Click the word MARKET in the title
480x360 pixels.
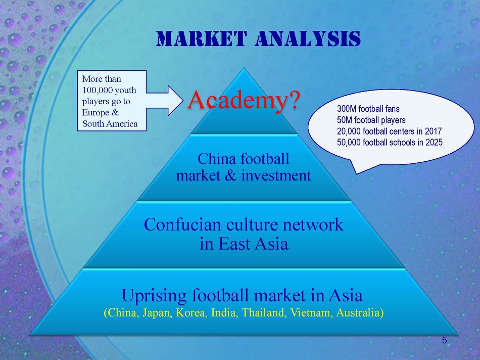pos(201,38)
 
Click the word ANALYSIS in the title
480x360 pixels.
pos(308,38)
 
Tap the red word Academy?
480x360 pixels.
pos(243,100)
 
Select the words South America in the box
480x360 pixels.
pos(110,124)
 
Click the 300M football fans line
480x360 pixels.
pos(368,109)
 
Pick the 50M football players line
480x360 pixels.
pos(371,120)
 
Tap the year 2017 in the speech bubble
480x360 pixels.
pos(433,131)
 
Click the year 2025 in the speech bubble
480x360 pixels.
pos(434,142)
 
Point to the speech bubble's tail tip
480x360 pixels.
pos(357,173)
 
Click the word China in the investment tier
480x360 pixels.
pos(217,159)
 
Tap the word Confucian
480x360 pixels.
pos(183,224)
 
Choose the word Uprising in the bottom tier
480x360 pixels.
pos(154,296)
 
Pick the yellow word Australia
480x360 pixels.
pos(358,313)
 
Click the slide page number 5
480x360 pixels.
pos(445,340)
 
